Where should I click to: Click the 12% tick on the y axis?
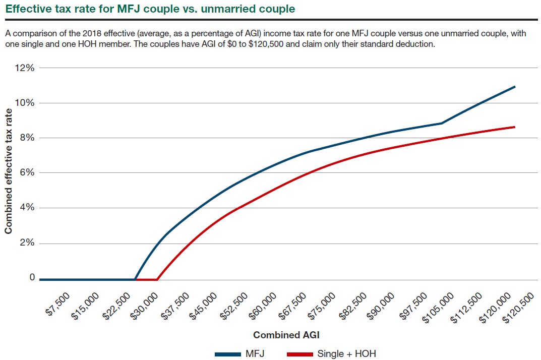[x=25, y=68]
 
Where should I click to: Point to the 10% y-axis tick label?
[x=25, y=103]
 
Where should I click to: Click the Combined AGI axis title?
[x=286, y=335]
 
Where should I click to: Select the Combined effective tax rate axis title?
[x=9, y=172]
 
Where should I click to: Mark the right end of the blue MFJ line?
[x=515, y=87]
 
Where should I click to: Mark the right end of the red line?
[x=515, y=127]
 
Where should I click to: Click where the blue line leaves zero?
[x=135, y=279]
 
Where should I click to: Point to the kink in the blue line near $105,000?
[x=442, y=123]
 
